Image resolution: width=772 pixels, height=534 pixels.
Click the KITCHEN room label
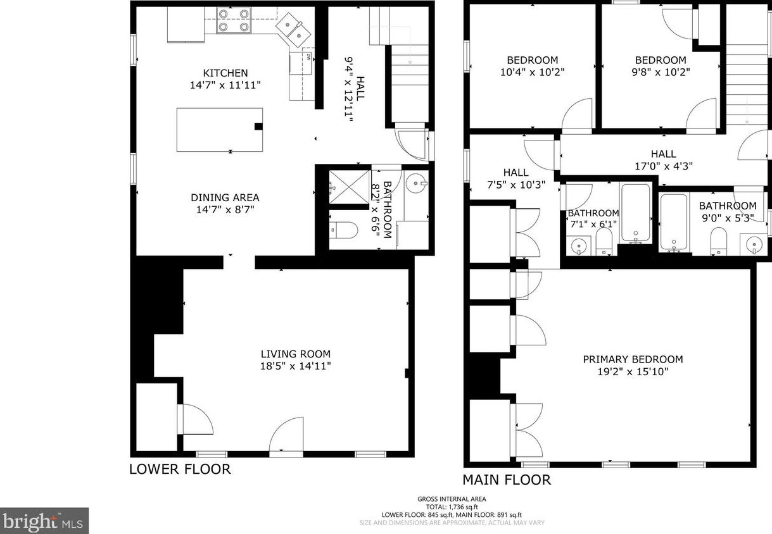(x=225, y=73)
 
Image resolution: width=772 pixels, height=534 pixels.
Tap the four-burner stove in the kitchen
(x=234, y=20)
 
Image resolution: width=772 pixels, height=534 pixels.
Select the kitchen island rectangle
(x=220, y=130)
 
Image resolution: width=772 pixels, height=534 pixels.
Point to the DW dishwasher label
(x=309, y=57)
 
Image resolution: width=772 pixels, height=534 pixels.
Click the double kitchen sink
(x=293, y=30)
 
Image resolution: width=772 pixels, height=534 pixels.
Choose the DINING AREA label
(x=225, y=197)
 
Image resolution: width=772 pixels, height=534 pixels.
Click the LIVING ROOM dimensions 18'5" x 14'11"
(x=296, y=366)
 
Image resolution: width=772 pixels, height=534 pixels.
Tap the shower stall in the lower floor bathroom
(x=350, y=187)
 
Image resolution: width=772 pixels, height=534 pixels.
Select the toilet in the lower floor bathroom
(x=343, y=230)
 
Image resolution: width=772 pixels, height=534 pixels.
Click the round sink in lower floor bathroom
(x=416, y=183)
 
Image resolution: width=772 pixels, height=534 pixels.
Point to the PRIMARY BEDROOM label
(x=633, y=359)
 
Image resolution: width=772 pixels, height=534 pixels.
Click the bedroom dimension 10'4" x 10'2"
(x=532, y=72)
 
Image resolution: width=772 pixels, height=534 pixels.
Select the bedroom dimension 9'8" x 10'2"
(x=661, y=72)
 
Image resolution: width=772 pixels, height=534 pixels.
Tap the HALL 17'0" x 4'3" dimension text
(x=664, y=166)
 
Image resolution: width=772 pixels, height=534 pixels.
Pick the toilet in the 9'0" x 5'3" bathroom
(x=719, y=240)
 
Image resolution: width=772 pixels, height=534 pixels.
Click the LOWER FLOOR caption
(x=180, y=469)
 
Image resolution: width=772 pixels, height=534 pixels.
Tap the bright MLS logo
(x=44, y=521)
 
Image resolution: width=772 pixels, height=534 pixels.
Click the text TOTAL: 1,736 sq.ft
(x=452, y=507)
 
